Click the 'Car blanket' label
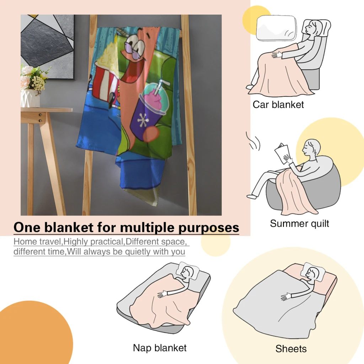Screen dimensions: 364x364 [278, 105]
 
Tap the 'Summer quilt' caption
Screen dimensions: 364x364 [299, 224]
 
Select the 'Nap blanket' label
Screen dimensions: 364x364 [160, 348]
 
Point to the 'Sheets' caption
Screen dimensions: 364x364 [291, 349]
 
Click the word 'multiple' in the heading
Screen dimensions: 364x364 [148, 227]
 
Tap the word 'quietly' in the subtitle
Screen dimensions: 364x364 [138, 252]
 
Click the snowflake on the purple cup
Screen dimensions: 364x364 [142, 120]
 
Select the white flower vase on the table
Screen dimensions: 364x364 [30, 98]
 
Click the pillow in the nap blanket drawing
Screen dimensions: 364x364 [187, 270]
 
